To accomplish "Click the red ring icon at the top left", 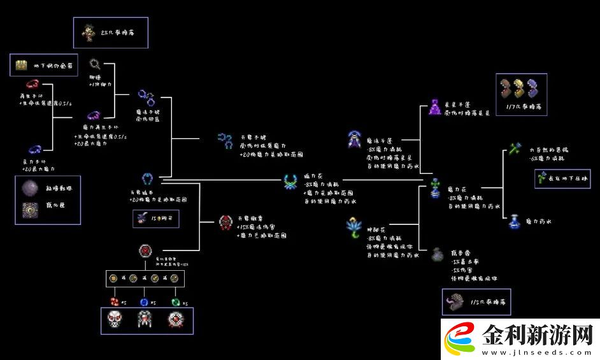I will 32,84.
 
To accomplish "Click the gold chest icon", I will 22,64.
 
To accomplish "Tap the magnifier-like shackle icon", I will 95,64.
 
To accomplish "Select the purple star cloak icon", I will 435,107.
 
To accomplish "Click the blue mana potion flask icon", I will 513,221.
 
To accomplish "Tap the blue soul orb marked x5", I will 144,302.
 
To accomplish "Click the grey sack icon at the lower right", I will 437,254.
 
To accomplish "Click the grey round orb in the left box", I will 29,189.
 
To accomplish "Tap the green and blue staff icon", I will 514,149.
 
